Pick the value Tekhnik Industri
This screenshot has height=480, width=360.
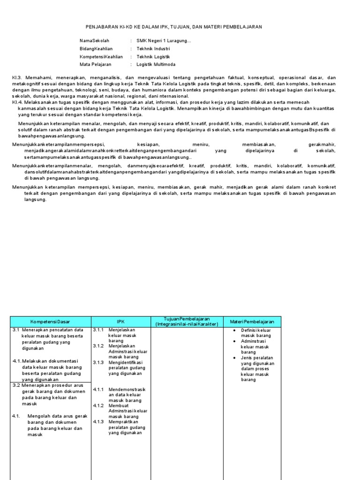153,48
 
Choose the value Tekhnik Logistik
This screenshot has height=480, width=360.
153,56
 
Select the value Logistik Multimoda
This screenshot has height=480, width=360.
156,64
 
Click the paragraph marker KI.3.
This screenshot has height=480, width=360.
16,77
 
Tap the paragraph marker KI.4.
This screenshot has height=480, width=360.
16,102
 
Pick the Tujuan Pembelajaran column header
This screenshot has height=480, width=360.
187,322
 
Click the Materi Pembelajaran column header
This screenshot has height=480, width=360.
252,322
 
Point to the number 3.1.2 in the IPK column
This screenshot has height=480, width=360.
98,346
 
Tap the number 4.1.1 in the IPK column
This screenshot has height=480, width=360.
98,390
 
